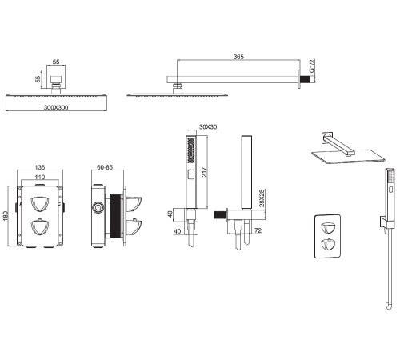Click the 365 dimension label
point(238,57)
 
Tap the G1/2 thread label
point(312,66)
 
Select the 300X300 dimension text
point(56,107)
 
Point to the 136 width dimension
point(40,167)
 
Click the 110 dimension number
point(40,177)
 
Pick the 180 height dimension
point(6,216)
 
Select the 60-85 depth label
point(105,167)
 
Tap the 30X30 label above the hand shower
point(208,127)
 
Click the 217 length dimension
point(204,172)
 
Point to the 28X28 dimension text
point(262,198)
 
